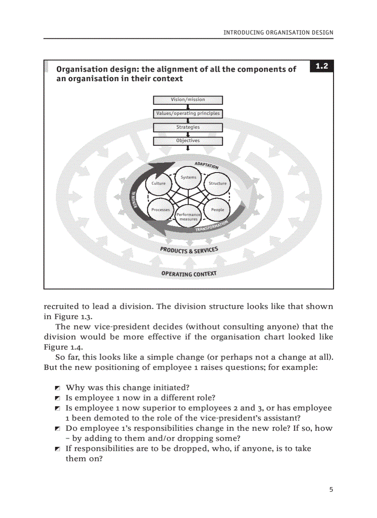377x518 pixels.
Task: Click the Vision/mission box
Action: [x=188, y=100]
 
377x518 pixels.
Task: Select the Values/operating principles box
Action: [x=188, y=113]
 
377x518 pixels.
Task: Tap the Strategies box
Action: [x=188, y=127]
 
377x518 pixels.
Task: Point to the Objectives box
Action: [x=188, y=141]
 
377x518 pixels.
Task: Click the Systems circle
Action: [x=188, y=178]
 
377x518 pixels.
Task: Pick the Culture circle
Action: [x=158, y=184]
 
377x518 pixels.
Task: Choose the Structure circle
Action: [x=217, y=184]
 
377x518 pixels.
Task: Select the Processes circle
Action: [x=160, y=210]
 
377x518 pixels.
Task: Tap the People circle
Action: [x=217, y=210]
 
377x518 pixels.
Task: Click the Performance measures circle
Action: [x=188, y=216]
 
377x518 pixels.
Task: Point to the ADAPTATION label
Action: [x=206, y=165]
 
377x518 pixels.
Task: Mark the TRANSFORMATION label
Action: [x=212, y=226]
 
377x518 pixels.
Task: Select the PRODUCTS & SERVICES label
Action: [x=188, y=250]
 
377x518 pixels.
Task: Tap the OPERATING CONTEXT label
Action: [x=188, y=274]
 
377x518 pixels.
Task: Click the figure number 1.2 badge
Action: [x=322, y=66]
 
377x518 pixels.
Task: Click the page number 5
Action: [x=331, y=490]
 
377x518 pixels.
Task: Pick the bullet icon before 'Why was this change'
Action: [x=57, y=388]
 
